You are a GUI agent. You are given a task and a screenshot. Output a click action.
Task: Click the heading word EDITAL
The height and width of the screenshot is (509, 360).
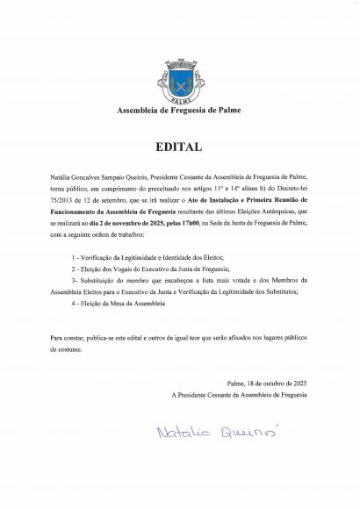coord(179,147)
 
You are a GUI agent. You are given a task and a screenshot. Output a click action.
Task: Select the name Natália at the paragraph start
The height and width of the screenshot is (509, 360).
coord(62,176)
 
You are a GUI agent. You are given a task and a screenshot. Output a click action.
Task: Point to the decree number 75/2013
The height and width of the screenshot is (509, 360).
coord(65,199)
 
